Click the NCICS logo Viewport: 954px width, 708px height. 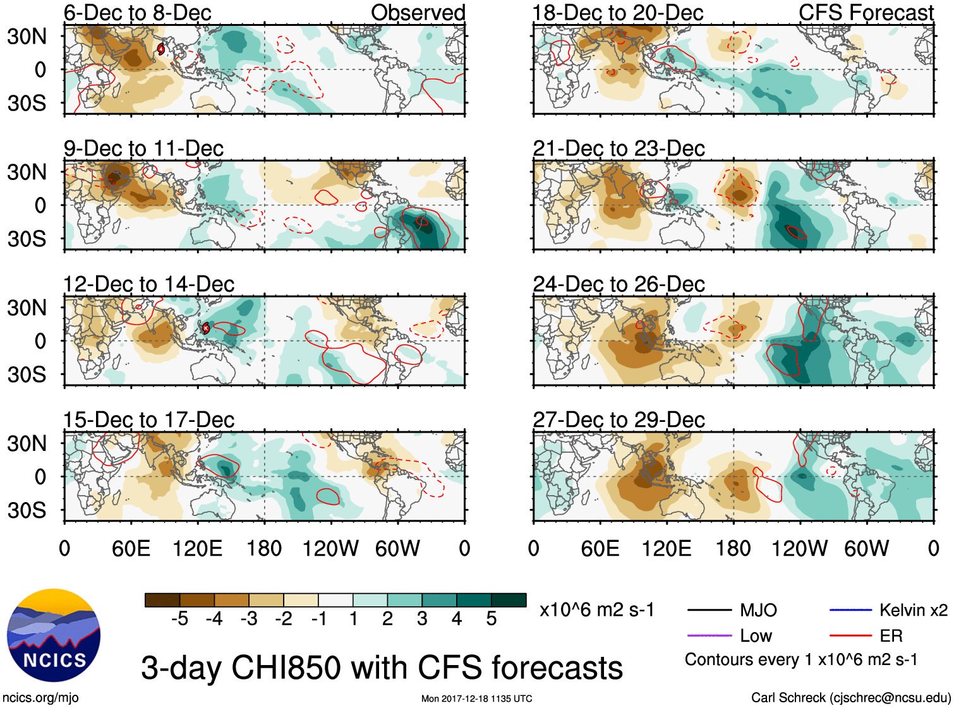pyautogui.click(x=54, y=635)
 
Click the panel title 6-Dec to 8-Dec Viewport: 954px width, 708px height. pyautogui.click(x=137, y=13)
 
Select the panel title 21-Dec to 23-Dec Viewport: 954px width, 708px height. pyautogui.click(x=619, y=148)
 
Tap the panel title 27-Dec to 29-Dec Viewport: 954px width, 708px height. pyautogui.click(x=619, y=420)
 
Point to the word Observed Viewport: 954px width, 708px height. pyautogui.click(x=418, y=13)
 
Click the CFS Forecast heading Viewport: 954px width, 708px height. pyautogui.click(x=866, y=13)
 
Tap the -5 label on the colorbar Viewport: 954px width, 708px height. pyautogui.click(x=179, y=619)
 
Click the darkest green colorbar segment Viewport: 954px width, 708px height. pyautogui.click(x=509, y=600)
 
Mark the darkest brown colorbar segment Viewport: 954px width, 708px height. pyautogui.click(x=162, y=600)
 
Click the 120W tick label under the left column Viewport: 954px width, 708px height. pyautogui.click(x=330, y=548)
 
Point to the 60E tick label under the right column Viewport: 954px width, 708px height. pyautogui.click(x=600, y=548)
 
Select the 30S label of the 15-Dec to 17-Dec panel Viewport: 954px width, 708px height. pyautogui.click(x=27, y=510)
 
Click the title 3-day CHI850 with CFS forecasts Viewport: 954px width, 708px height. pyautogui.click(x=382, y=668)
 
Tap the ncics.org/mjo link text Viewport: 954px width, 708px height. pyautogui.click(x=40, y=698)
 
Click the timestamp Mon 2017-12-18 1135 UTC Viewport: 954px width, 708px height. pyautogui.click(x=476, y=699)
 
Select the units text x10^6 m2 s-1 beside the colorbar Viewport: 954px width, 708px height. pyautogui.click(x=596, y=610)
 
